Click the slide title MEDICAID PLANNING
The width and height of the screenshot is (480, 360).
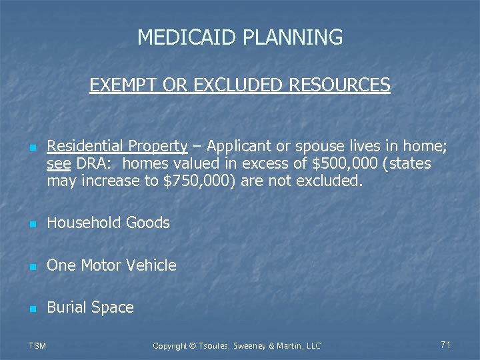click(x=240, y=37)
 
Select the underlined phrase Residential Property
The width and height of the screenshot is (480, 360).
click(x=117, y=147)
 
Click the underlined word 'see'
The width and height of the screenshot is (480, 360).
click(x=59, y=164)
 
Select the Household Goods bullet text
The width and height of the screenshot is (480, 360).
click(x=109, y=223)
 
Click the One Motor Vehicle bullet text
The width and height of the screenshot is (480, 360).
click(x=112, y=265)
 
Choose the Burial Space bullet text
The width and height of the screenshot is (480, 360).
click(x=91, y=307)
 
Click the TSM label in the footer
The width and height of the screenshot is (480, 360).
click(x=37, y=345)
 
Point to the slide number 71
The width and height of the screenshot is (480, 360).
click(x=446, y=345)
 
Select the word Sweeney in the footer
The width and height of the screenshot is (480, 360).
click(x=254, y=345)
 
